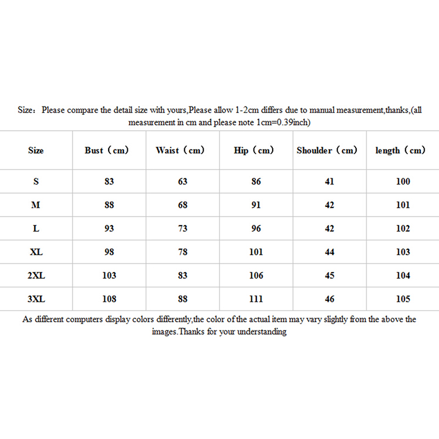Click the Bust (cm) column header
click(x=106, y=150)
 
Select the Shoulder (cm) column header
click(x=327, y=150)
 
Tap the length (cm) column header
click(x=401, y=150)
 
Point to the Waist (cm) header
click(x=180, y=150)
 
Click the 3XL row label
click(x=36, y=299)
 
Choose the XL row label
click(x=36, y=252)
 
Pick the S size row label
click(x=36, y=182)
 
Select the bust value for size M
click(x=109, y=205)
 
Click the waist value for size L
click(x=183, y=229)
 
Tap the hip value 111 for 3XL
click(x=256, y=299)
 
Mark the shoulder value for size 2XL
click(x=330, y=275)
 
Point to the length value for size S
click(x=403, y=182)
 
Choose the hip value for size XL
click(x=256, y=252)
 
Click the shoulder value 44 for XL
click(x=330, y=252)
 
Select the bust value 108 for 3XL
click(x=109, y=299)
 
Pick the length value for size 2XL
click(x=403, y=275)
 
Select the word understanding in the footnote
click(x=260, y=332)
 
